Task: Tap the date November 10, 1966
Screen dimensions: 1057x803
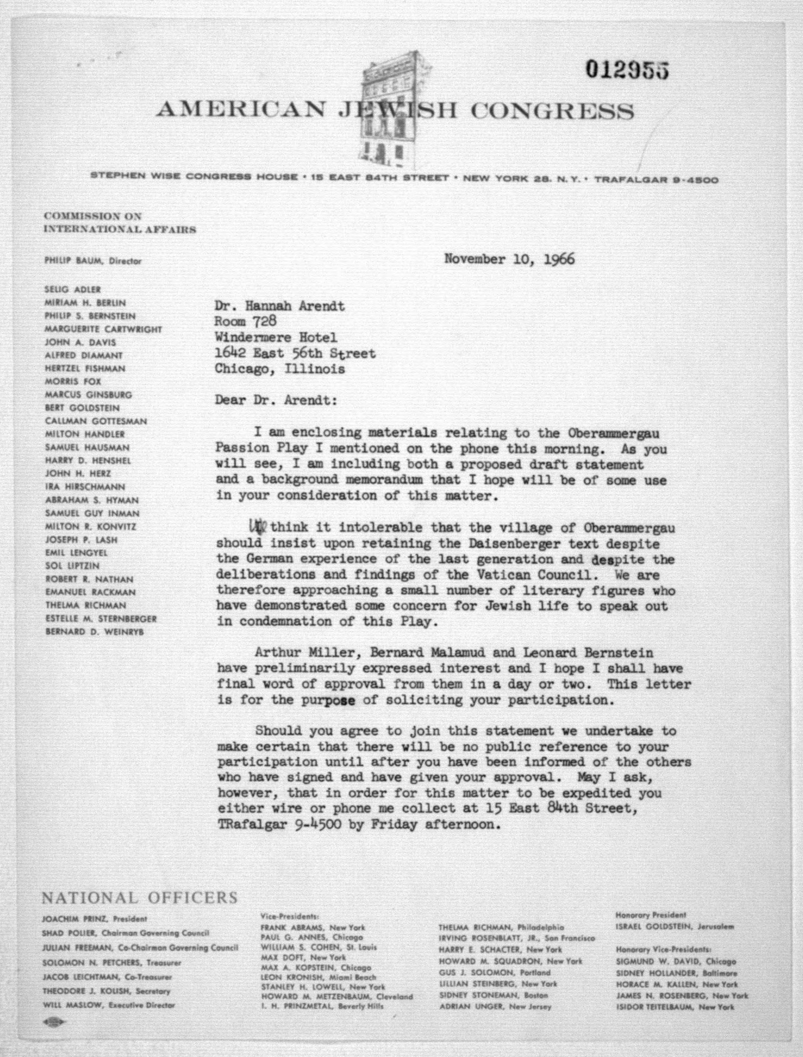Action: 509,259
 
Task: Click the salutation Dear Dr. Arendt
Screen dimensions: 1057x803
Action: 276,400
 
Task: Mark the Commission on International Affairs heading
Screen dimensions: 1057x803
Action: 119,223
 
